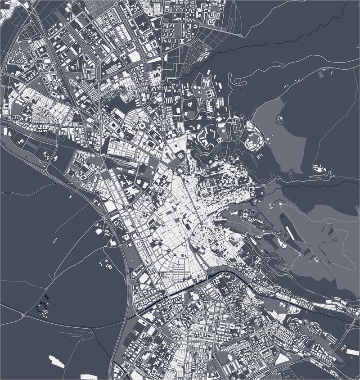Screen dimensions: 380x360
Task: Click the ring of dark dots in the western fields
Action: click(x=43, y=308)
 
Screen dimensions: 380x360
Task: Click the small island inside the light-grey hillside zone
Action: click(x=279, y=119)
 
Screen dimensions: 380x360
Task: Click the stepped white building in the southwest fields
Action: click(x=57, y=361)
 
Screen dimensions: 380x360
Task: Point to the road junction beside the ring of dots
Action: click(x=22, y=315)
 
